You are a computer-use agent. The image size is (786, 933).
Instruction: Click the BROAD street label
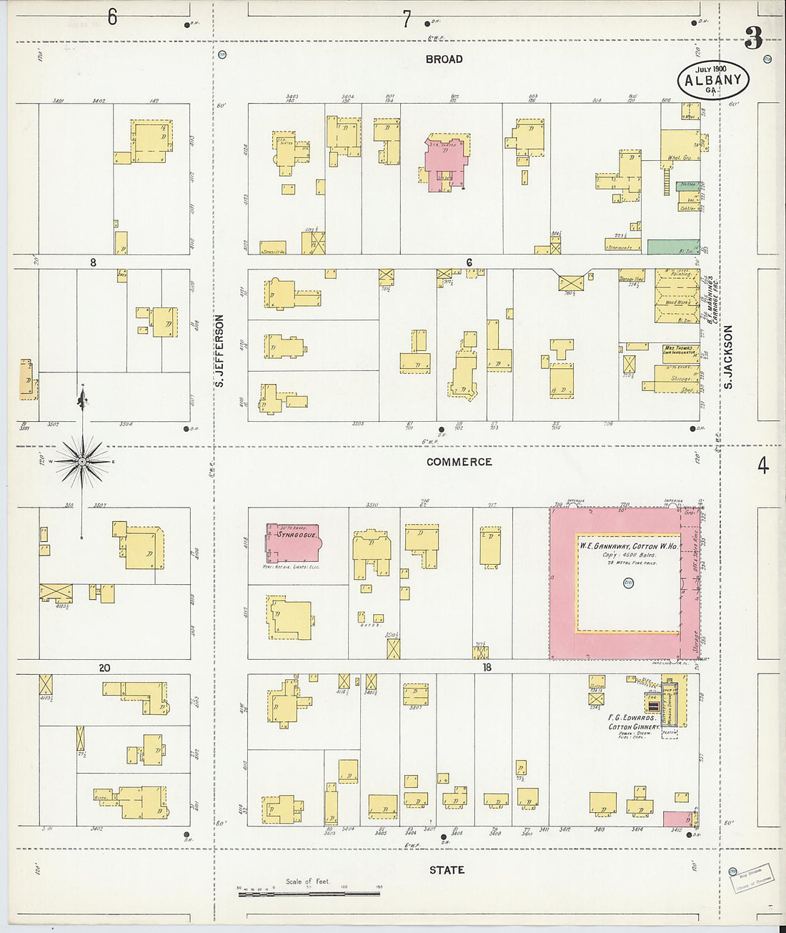click(444, 59)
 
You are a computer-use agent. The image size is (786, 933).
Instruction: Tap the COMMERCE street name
click(459, 462)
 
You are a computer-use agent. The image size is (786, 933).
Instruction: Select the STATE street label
click(447, 870)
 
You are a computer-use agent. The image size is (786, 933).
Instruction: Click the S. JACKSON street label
click(728, 357)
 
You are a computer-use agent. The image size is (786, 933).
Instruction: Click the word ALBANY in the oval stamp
click(712, 79)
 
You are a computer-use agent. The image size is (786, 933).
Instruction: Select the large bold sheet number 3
click(752, 39)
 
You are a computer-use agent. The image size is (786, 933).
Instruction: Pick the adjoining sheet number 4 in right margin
click(763, 466)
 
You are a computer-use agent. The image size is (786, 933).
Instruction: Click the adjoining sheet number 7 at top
click(407, 19)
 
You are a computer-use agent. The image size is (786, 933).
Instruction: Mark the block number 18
click(487, 668)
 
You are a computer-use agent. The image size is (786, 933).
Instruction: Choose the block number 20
click(104, 668)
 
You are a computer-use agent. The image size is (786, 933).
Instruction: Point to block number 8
click(93, 262)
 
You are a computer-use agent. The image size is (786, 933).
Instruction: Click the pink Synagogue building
click(292, 543)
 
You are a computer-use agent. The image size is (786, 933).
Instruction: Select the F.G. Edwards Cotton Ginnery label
click(632, 722)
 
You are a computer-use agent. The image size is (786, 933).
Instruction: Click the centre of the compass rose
click(82, 462)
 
